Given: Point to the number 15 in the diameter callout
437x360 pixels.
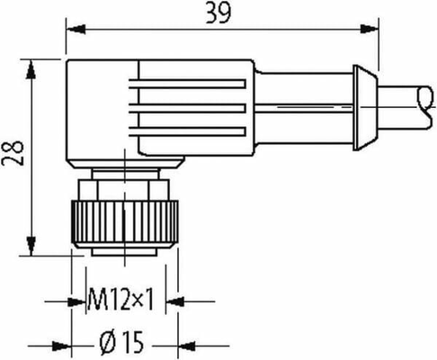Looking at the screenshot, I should pos(133,344).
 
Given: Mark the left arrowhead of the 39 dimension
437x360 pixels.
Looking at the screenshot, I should pos(71,29).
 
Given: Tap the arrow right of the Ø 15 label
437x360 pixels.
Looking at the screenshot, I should pos(183,344).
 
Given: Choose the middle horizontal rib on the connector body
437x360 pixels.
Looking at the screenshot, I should pos(193,103).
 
